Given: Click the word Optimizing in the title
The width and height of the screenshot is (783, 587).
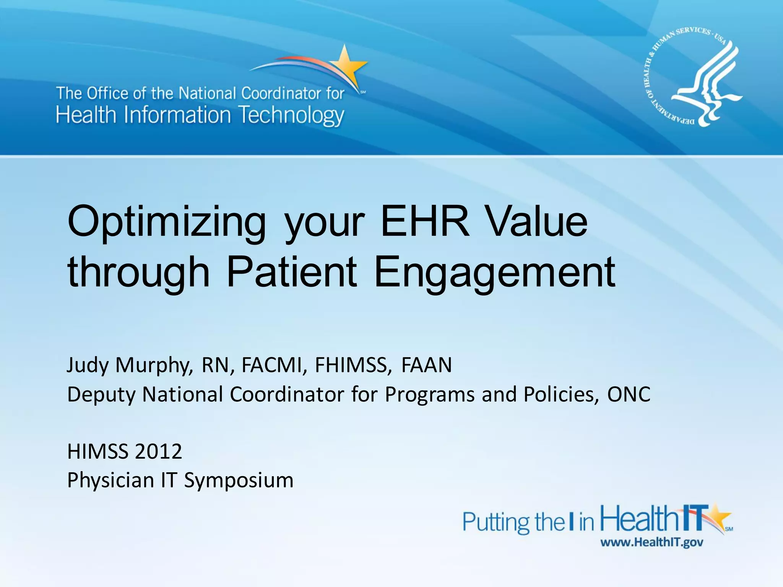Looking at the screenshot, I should pyautogui.click(x=167, y=222).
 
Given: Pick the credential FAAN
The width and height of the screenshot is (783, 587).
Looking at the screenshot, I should pyautogui.click(x=426, y=365).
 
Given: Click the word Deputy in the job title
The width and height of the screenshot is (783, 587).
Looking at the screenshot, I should pyautogui.click(x=101, y=394).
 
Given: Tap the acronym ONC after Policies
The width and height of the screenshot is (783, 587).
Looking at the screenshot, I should pyautogui.click(x=629, y=394).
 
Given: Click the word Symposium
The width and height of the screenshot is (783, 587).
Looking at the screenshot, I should pyautogui.click(x=239, y=480).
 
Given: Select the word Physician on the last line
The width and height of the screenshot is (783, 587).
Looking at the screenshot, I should pyautogui.click(x=110, y=480).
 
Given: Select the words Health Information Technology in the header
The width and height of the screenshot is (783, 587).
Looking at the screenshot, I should pyautogui.click(x=200, y=115).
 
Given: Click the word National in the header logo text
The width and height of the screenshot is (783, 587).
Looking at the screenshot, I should pyautogui.click(x=208, y=93).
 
